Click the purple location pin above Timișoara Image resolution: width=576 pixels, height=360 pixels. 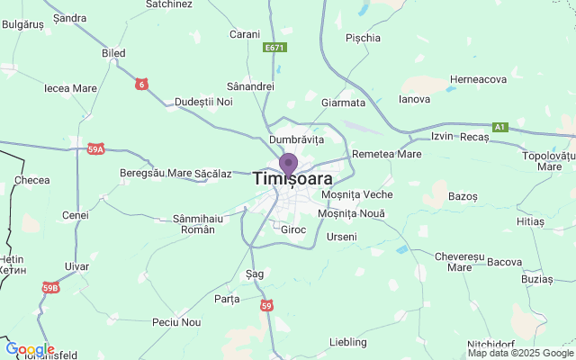[x=288, y=165]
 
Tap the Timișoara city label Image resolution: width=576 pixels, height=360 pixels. [x=293, y=179]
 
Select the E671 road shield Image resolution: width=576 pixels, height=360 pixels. [x=275, y=47]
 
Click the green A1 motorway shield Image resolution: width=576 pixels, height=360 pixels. [x=500, y=127]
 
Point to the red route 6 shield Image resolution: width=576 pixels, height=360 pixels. [x=141, y=85]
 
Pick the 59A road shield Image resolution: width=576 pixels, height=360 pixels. [x=96, y=149]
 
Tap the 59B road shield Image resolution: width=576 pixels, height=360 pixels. [x=50, y=288]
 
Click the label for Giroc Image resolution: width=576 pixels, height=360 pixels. [x=294, y=229]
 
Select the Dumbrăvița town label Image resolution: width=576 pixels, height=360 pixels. [x=296, y=140]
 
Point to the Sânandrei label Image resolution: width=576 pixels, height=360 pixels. [x=250, y=86]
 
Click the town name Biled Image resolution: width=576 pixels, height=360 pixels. [x=114, y=54]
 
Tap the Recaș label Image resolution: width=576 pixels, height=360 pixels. [x=473, y=137]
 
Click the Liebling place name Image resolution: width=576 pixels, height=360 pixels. [x=348, y=342]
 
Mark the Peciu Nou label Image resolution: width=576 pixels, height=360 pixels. [x=177, y=321]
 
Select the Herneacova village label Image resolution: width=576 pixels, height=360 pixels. [x=479, y=79]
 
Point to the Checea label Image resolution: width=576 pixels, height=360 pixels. [x=32, y=180]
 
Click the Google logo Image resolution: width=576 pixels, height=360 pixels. [x=30, y=349]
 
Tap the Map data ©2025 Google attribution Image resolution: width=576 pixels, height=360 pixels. [x=520, y=353]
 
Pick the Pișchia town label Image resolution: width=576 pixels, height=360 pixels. [x=363, y=38]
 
